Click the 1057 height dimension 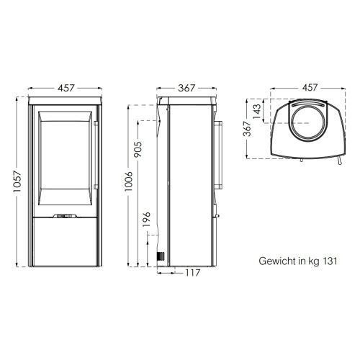[x=17, y=181]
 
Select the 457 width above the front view [x=66, y=88]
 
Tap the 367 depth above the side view [x=186, y=88]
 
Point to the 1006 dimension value [x=129, y=181]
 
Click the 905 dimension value [x=138, y=149]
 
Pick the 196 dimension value [x=146, y=219]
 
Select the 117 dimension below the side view [x=193, y=273]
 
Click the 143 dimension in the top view [x=256, y=111]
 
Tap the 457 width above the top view [x=310, y=88]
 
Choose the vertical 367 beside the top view [x=247, y=129]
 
